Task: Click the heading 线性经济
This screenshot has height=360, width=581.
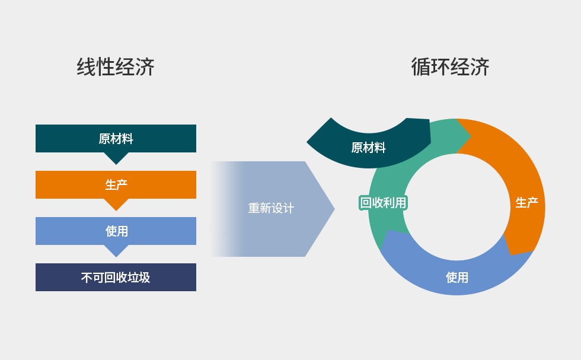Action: (x=116, y=67)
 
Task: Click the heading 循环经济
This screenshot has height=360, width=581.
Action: (x=450, y=67)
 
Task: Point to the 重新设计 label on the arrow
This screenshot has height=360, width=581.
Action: (x=271, y=209)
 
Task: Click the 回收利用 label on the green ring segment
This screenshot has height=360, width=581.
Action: (x=384, y=203)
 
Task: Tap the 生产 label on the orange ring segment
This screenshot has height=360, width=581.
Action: (x=526, y=203)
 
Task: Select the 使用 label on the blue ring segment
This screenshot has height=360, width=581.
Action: (x=457, y=277)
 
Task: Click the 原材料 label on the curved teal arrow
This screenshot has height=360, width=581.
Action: (x=368, y=148)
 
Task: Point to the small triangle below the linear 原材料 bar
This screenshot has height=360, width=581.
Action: (x=116, y=158)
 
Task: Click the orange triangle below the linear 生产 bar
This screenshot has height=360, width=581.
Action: (x=116, y=204)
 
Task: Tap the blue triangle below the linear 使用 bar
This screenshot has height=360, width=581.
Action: (x=116, y=250)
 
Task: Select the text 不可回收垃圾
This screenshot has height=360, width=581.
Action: (x=116, y=277)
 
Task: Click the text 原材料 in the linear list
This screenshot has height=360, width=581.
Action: (x=116, y=139)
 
